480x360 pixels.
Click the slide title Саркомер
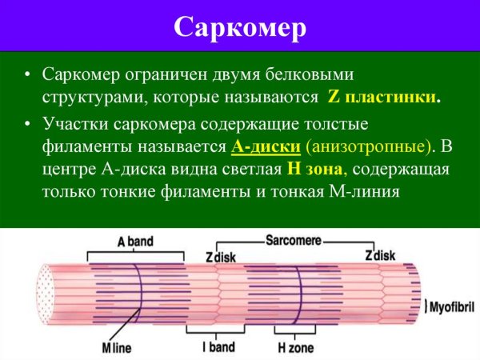click(x=240, y=26)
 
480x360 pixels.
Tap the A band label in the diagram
click(x=136, y=241)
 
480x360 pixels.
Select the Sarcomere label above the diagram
click(x=293, y=238)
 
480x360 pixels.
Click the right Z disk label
click(x=380, y=256)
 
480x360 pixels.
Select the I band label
click(x=218, y=348)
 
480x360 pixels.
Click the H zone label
click(x=294, y=348)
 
